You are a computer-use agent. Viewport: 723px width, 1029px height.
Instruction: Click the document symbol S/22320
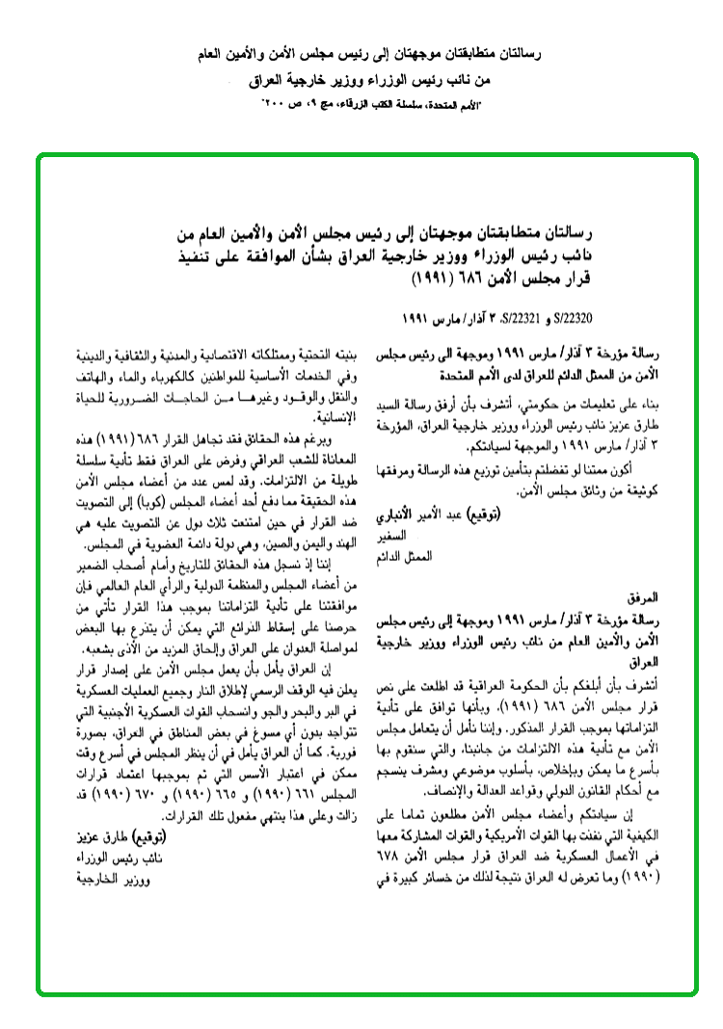(424, 316)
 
